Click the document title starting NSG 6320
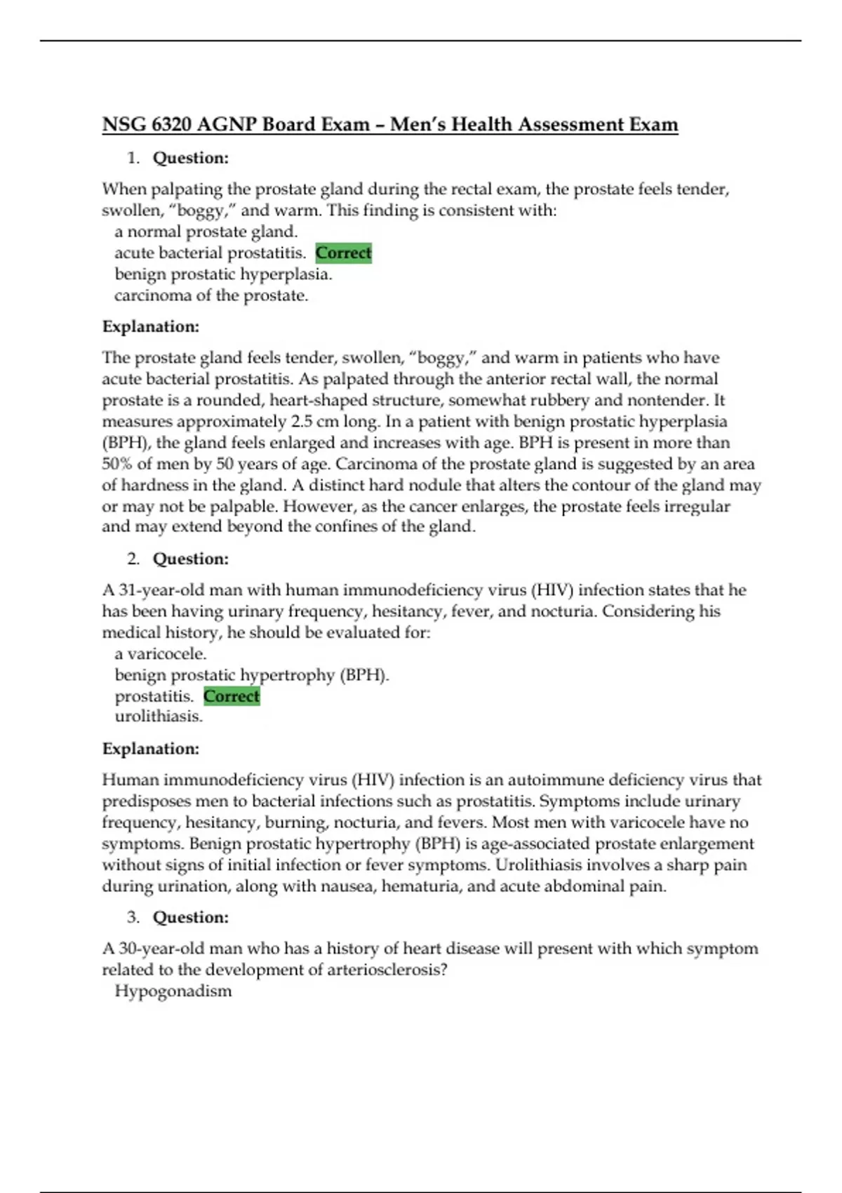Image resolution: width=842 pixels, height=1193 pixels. [x=390, y=125]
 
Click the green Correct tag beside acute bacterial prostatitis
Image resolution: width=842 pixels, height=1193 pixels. [x=343, y=253]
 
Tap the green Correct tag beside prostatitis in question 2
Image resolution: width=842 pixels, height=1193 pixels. [x=232, y=696]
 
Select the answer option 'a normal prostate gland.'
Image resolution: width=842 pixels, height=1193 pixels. [x=206, y=232]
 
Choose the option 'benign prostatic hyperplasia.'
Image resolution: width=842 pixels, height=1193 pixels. [x=223, y=274]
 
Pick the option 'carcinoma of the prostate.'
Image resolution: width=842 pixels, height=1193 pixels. [x=211, y=295]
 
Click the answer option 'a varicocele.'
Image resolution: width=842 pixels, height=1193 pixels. [x=161, y=654]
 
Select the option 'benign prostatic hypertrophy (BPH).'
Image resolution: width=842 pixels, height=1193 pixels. [x=252, y=675]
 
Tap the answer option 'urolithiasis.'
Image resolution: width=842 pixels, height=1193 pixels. [x=159, y=717]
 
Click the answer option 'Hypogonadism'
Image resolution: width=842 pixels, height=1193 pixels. [x=173, y=991]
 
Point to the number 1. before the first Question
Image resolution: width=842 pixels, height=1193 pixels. [x=133, y=158]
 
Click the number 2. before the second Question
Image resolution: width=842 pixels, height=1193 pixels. [x=133, y=559]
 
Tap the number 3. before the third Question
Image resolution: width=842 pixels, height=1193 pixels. [x=133, y=917]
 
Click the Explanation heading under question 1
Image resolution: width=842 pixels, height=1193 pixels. [x=151, y=326]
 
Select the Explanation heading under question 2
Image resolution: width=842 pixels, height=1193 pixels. [x=151, y=749]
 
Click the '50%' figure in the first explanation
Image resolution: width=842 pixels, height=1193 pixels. [x=117, y=464]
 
